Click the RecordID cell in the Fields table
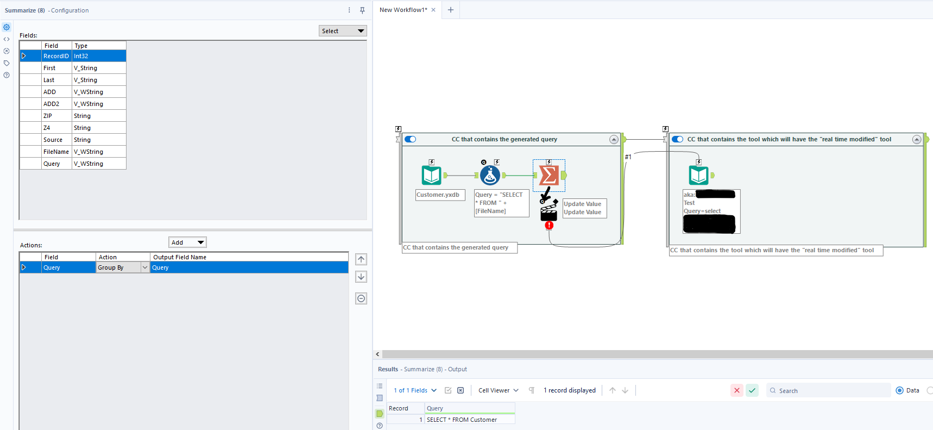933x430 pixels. click(x=56, y=56)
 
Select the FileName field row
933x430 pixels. click(x=56, y=152)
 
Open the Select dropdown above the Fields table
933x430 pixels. click(x=343, y=31)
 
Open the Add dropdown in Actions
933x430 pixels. click(x=187, y=242)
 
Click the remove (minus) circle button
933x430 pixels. click(x=361, y=298)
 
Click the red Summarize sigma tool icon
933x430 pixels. click(x=549, y=175)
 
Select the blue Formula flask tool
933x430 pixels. click(x=490, y=175)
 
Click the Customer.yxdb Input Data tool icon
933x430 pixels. click(x=432, y=175)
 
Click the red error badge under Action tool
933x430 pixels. click(x=549, y=225)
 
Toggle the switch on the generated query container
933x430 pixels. click(x=411, y=139)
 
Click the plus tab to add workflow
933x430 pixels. click(x=450, y=10)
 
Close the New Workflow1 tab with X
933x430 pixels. click(x=433, y=10)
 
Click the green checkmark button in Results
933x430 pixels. click(x=752, y=390)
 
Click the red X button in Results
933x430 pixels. click(x=737, y=390)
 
